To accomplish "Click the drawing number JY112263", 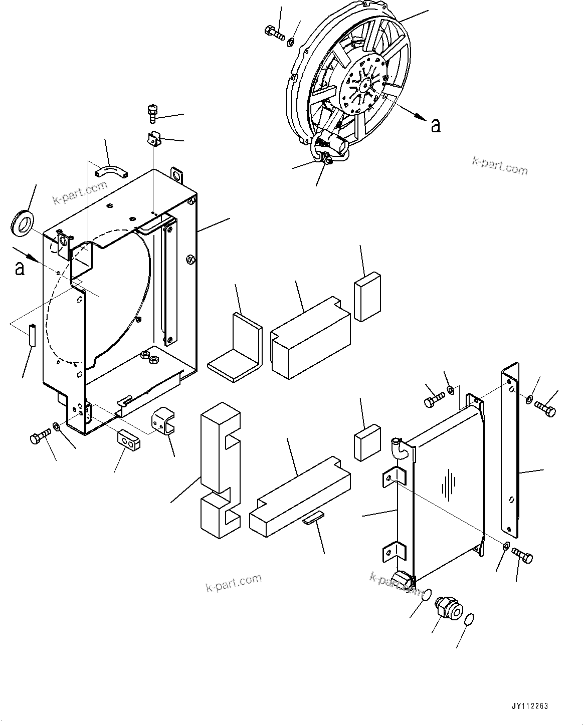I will (530, 706).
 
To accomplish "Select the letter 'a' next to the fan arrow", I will (436, 125).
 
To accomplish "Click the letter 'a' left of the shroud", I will (20, 268).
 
